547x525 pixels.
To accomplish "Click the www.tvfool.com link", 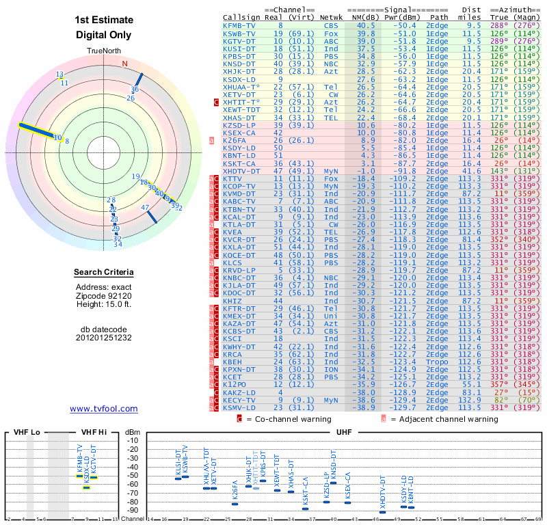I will [104, 409].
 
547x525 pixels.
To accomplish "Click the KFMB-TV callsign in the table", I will [239, 25].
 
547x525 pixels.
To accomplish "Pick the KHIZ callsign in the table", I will [232, 301].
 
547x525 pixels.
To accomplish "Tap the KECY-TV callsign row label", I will [239, 400].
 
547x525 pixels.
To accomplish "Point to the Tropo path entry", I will [438, 362].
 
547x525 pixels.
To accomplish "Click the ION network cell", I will [331, 369].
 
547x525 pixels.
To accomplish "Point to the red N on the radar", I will [124, 64].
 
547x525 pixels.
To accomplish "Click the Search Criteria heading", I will [104, 273].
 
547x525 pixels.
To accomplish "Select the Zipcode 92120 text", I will [104, 295].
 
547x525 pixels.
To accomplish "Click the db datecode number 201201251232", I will [104, 338].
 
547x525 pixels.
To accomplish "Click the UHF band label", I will [344, 432].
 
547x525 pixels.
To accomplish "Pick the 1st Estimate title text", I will [104, 20].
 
